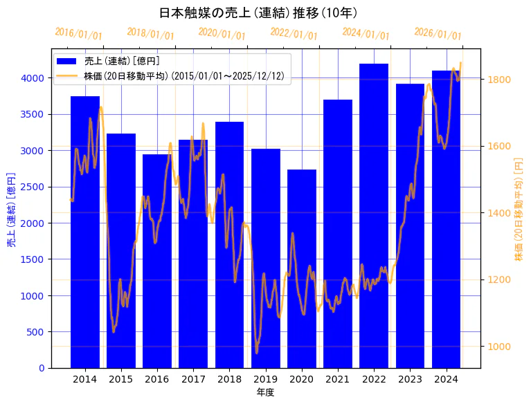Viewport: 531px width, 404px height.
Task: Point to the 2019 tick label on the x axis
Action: click(265, 379)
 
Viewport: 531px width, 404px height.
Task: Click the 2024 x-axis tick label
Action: click(446, 379)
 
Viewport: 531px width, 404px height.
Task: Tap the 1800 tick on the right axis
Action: click(499, 80)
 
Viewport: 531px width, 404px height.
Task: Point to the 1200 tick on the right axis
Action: click(499, 280)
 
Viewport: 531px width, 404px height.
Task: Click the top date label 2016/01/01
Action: click(78, 34)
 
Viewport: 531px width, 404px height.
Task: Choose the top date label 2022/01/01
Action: click(294, 34)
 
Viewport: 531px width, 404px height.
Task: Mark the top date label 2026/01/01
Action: click(438, 34)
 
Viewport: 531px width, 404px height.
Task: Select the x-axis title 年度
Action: click(265, 392)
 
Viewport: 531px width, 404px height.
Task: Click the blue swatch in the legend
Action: click(70, 61)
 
